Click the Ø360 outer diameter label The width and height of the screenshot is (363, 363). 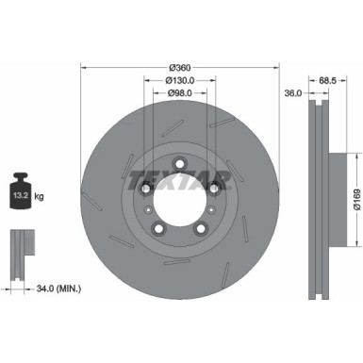[x=180, y=66]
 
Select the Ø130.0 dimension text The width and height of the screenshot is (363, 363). [x=180, y=80]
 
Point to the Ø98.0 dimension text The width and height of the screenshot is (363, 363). [x=180, y=94]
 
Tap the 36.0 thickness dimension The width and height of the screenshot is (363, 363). [x=292, y=92]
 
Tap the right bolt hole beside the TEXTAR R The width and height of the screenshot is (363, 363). [x=214, y=189]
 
